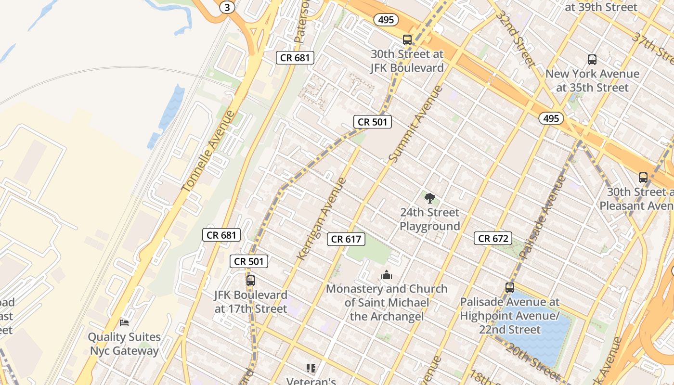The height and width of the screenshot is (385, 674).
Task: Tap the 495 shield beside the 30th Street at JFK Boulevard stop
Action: point(386,20)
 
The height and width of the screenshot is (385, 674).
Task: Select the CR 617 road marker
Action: point(346,239)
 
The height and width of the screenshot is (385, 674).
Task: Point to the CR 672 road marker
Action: point(493,238)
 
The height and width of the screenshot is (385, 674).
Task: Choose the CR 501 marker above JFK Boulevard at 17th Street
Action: point(249,261)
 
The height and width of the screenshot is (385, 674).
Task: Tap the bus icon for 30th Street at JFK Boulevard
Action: point(407,39)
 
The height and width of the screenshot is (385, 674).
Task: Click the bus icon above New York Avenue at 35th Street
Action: point(592,60)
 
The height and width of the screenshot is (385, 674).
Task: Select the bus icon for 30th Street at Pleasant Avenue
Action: point(643,177)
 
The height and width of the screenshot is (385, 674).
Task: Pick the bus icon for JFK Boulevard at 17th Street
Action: point(250,280)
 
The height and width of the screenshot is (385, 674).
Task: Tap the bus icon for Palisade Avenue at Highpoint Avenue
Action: point(510,288)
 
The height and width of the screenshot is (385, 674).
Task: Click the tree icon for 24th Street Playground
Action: point(430,197)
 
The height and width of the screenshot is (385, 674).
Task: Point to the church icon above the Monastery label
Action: point(387,275)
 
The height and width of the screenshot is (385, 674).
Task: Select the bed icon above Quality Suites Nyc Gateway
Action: point(124,322)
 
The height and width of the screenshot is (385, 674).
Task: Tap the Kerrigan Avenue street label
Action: point(322,219)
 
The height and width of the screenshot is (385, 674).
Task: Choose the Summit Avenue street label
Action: point(415,124)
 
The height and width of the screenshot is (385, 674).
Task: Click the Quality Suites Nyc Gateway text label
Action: point(124,344)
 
